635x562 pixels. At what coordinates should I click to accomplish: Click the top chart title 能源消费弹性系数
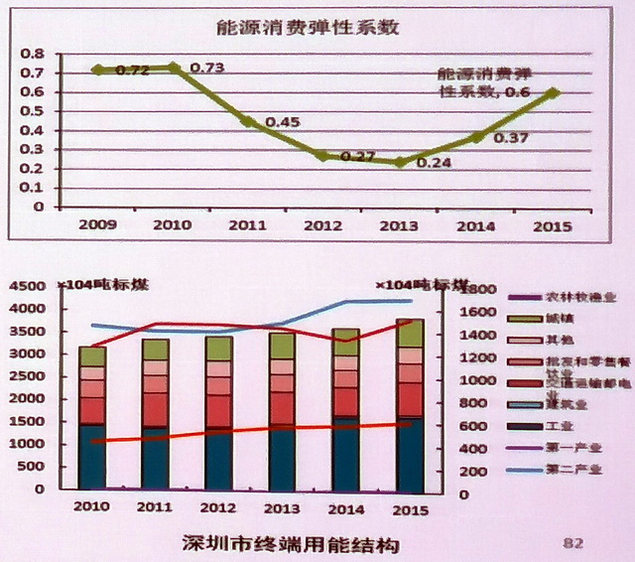[x=308, y=27]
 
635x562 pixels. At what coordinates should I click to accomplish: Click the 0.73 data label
[x=206, y=68]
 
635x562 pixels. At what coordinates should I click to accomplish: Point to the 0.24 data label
[x=434, y=162]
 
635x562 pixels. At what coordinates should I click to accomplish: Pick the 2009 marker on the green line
[x=97, y=70]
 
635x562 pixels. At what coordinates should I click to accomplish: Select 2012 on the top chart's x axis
[x=325, y=225]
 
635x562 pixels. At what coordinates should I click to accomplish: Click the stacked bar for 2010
[x=92, y=417]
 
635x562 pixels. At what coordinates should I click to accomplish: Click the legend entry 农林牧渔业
[x=574, y=297]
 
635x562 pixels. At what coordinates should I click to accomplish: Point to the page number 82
[x=572, y=542]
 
